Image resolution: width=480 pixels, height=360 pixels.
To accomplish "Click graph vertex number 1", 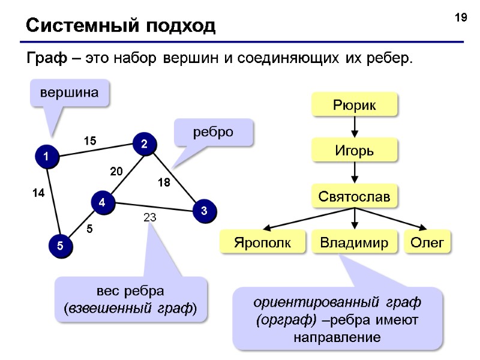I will (x=46, y=157).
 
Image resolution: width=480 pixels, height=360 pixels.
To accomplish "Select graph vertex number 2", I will (x=144, y=143).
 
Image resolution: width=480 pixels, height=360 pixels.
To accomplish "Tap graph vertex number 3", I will (x=204, y=211).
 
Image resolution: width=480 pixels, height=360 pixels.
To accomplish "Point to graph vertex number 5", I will (x=59, y=245).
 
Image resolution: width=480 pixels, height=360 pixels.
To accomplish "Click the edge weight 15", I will (x=89, y=140).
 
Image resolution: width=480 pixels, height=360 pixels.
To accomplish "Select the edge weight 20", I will (x=116, y=172).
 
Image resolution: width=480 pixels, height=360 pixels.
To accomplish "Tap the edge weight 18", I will (x=164, y=181).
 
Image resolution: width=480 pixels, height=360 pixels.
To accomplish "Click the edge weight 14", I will (x=38, y=193).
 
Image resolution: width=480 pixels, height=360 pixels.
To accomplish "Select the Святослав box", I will (x=355, y=196).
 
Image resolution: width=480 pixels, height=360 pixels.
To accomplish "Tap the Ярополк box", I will (x=263, y=242).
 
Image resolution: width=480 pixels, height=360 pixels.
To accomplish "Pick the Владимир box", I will (x=354, y=242).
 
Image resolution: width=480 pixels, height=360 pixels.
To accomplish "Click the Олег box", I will (x=427, y=242).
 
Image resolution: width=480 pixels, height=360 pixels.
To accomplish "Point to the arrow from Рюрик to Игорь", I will (x=355, y=127).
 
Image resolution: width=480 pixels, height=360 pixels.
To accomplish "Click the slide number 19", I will (x=460, y=18).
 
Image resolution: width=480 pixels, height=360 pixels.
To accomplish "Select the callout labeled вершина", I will (x=70, y=93).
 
